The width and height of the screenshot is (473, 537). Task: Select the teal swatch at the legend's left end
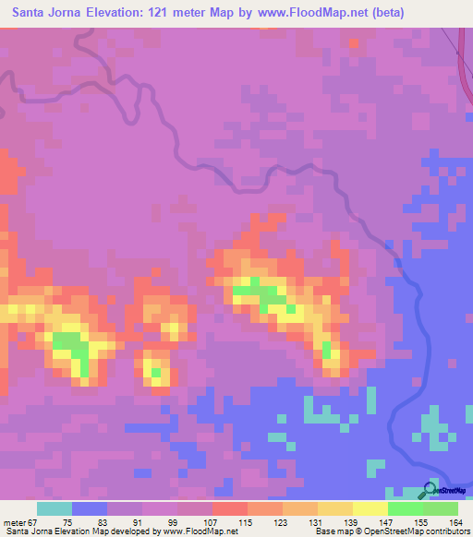55,509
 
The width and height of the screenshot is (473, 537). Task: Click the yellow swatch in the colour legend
370,509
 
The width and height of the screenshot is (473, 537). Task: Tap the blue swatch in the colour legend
90,509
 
